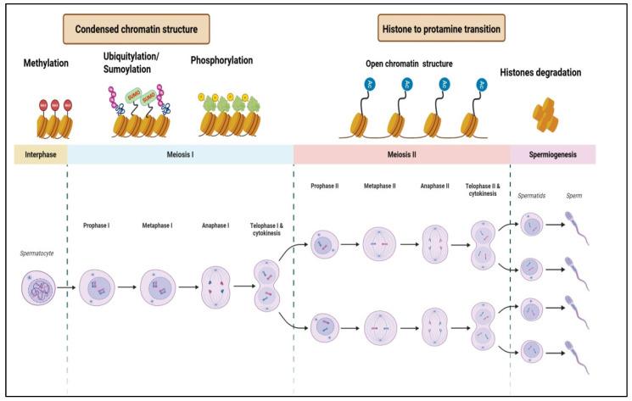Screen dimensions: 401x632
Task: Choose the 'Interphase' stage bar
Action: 39,153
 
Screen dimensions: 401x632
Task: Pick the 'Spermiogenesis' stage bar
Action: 552,153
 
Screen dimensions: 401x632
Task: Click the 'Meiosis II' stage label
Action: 400,153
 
